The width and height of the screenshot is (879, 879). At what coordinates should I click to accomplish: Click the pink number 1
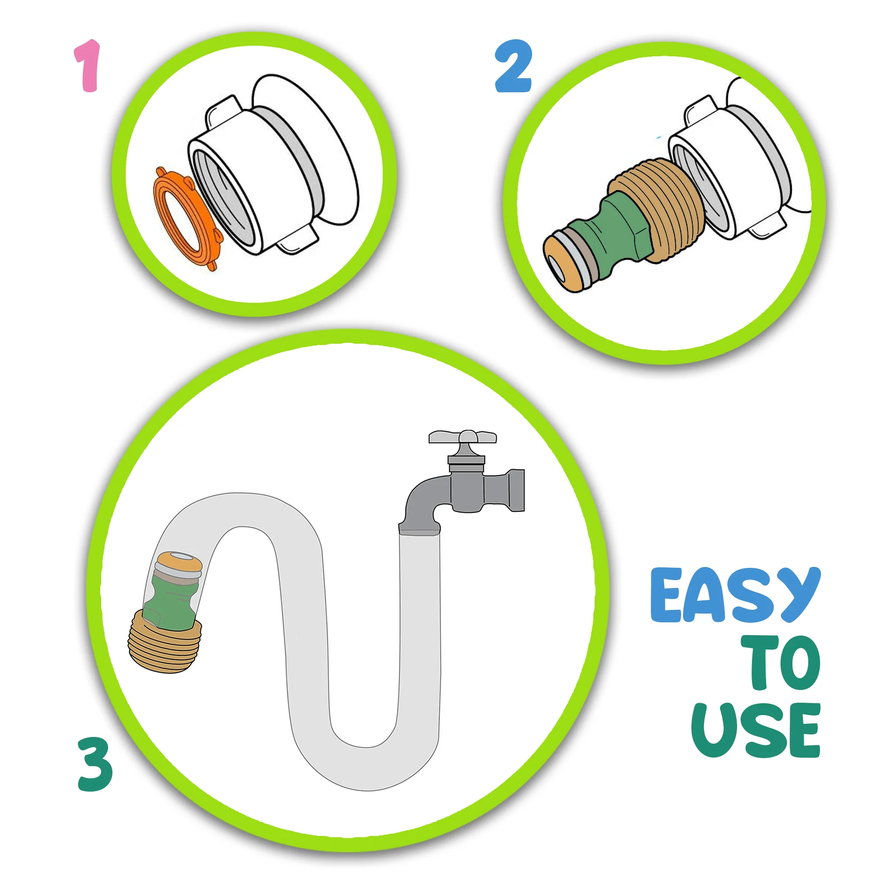(x=88, y=66)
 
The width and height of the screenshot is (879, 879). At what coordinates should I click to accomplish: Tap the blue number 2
(x=513, y=66)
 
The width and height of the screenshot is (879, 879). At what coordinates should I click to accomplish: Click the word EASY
(x=735, y=595)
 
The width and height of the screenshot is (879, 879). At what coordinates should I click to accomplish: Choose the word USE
(x=755, y=730)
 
